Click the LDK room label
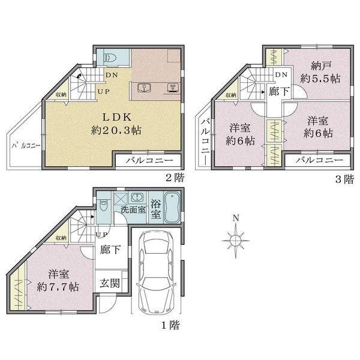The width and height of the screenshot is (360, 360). click(x=116, y=118)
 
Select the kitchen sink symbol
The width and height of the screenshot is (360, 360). click(x=144, y=88)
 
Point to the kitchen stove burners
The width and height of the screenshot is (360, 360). click(x=173, y=87)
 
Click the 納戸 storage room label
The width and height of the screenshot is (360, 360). click(x=318, y=67)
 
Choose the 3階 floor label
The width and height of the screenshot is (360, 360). click(x=344, y=179)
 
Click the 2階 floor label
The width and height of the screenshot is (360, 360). click(x=175, y=178)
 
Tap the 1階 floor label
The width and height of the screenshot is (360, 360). click(x=170, y=325)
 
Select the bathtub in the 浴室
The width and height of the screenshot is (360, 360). click(x=172, y=208)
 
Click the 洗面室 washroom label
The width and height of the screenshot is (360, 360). click(x=133, y=209)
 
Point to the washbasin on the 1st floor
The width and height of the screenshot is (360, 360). click(x=138, y=197)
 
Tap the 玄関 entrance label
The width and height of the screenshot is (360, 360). click(x=110, y=283)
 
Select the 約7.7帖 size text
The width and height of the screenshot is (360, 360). click(x=58, y=287)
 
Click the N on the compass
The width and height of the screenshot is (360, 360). click(x=236, y=218)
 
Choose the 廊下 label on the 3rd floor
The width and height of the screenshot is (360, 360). click(x=279, y=91)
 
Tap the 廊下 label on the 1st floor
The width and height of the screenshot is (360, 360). click(x=110, y=250)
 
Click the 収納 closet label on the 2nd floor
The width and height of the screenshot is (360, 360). click(x=61, y=94)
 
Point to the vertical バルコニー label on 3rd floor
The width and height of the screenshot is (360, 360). click(x=205, y=142)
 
